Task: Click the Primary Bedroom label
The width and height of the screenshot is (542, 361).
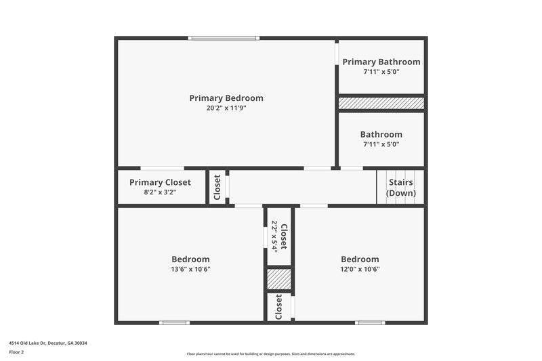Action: (226, 98)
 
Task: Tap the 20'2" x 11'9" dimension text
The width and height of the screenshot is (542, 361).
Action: (226, 108)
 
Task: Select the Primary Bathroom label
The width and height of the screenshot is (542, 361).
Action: (381, 62)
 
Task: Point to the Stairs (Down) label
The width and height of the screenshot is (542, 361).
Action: (400, 188)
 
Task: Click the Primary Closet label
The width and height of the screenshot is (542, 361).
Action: (160, 182)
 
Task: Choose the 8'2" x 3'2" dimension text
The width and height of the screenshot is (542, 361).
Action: (160, 192)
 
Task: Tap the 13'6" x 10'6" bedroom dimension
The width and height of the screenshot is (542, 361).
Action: (190, 269)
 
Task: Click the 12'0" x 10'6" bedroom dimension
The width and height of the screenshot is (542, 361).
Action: (360, 269)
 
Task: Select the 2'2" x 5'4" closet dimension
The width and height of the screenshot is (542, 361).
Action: (274, 236)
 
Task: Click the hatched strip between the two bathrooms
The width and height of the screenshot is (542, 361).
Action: (381, 103)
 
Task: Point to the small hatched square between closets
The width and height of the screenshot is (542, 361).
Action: (278, 279)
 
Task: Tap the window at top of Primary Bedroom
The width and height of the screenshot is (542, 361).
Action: (224, 38)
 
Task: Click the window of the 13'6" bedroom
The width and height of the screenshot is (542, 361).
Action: (173, 322)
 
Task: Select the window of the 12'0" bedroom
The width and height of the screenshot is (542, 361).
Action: (370, 322)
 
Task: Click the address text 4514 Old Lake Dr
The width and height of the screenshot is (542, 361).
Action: (48, 343)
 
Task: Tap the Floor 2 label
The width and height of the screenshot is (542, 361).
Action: (16, 352)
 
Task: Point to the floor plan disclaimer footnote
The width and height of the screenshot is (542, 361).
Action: (270, 354)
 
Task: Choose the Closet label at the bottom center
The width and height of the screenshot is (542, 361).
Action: (278, 307)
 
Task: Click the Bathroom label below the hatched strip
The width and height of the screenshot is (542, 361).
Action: (381, 134)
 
